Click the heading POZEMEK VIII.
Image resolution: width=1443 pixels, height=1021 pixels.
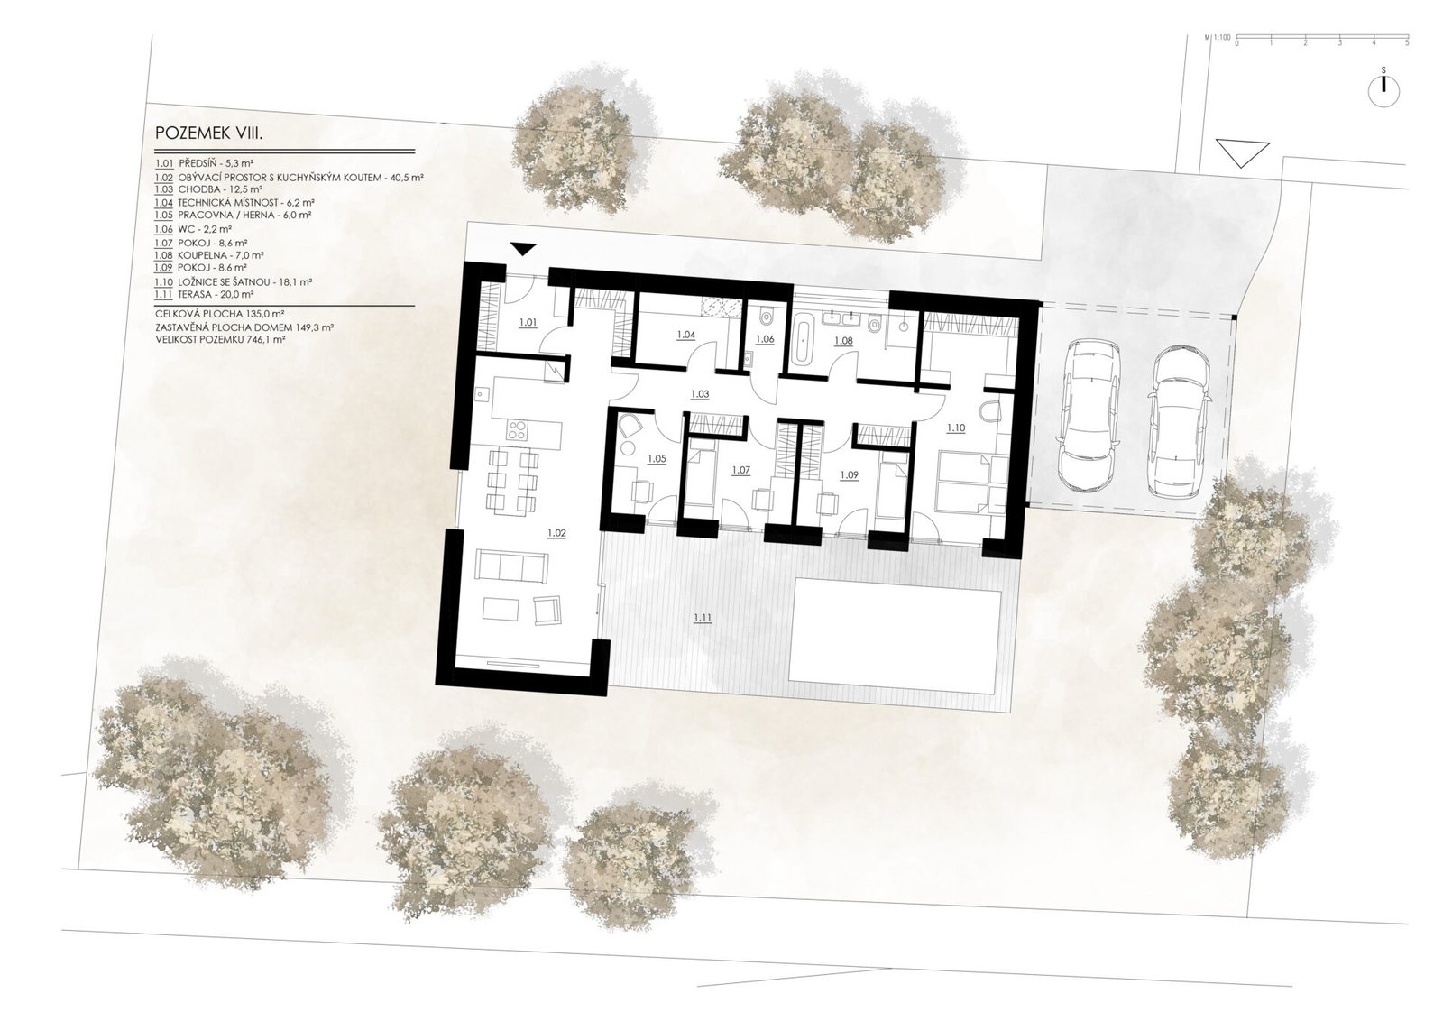click(210, 133)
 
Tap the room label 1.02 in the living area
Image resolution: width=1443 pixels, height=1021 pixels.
click(556, 533)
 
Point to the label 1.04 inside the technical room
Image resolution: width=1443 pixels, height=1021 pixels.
click(686, 335)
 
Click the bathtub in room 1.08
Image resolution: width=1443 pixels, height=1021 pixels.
click(802, 340)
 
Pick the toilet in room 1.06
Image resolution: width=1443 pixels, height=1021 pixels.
click(766, 318)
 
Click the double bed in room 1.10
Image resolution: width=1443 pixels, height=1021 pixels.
click(964, 484)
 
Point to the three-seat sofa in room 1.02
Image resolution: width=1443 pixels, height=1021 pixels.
click(511, 566)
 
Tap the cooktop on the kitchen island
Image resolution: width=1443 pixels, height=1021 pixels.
click(518, 429)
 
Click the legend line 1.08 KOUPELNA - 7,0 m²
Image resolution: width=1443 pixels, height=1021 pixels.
click(209, 255)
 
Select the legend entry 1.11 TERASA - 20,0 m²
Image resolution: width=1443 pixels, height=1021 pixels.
click(204, 294)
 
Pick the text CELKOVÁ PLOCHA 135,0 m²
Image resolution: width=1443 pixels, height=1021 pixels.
click(220, 314)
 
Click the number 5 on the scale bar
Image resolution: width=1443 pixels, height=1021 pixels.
click(1407, 43)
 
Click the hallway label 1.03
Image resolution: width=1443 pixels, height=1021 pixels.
click(700, 393)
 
